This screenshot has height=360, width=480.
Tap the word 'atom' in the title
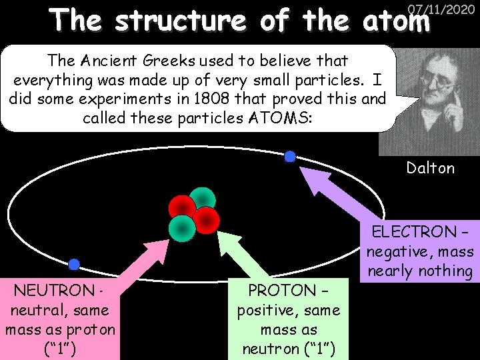(x=397, y=22)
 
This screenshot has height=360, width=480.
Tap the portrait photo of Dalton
(x=428, y=100)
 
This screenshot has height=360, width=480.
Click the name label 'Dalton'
(x=431, y=168)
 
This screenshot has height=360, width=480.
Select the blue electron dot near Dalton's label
(x=290, y=157)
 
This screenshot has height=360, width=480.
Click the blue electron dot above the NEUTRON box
(x=74, y=265)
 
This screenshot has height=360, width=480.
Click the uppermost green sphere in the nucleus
(x=203, y=198)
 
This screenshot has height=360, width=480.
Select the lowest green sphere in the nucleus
(x=182, y=227)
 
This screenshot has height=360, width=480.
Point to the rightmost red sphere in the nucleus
(x=207, y=218)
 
